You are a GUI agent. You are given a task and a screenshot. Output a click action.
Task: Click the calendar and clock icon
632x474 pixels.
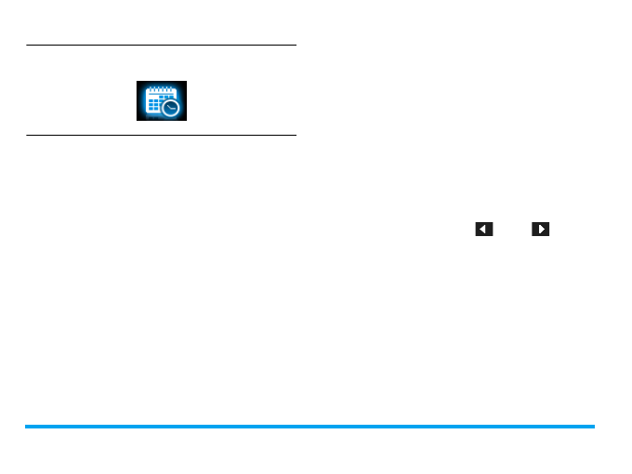click(x=161, y=101)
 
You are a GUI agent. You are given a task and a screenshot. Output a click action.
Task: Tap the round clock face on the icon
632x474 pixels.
click(x=170, y=109)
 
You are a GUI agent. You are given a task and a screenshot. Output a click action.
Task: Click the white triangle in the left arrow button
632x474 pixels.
click(x=483, y=229)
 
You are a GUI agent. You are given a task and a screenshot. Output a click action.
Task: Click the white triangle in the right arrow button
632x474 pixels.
click(x=541, y=229)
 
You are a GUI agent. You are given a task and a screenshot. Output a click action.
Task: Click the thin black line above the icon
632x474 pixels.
click(x=161, y=45)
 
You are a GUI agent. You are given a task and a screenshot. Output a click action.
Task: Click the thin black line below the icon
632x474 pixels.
click(x=161, y=136)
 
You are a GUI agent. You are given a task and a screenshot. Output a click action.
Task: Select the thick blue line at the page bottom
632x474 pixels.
click(x=309, y=427)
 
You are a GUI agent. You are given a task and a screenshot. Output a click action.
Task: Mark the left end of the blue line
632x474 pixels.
click(x=27, y=427)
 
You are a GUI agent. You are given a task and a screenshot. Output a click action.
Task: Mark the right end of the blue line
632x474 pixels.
click(x=592, y=427)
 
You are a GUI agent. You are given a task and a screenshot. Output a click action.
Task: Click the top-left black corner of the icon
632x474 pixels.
click(x=139, y=84)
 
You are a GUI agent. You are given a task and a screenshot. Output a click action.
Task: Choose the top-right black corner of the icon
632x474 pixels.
click(x=183, y=84)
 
